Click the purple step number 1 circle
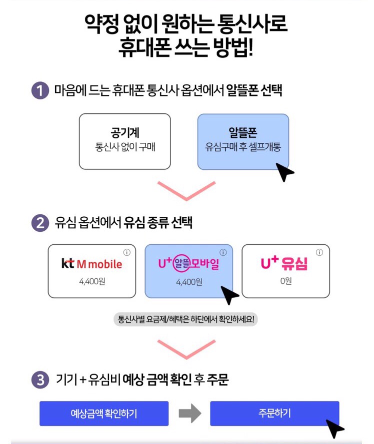point(39,91)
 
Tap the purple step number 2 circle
point(39,223)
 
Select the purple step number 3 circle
point(39,380)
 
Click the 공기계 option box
point(124,141)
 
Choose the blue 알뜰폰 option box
point(243,141)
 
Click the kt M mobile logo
point(91,264)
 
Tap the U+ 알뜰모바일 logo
point(188,264)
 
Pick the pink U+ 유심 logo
point(285,264)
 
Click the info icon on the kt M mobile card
point(126,252)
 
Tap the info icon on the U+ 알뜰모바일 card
point(223,252)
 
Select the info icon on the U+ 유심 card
point(320,252)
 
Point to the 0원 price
point(285,281)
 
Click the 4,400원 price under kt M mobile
point(91,281)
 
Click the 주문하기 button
point(274,413)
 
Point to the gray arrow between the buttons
point(189,414)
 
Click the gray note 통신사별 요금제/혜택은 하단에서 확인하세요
point(186,319)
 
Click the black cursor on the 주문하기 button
point(334,427)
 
